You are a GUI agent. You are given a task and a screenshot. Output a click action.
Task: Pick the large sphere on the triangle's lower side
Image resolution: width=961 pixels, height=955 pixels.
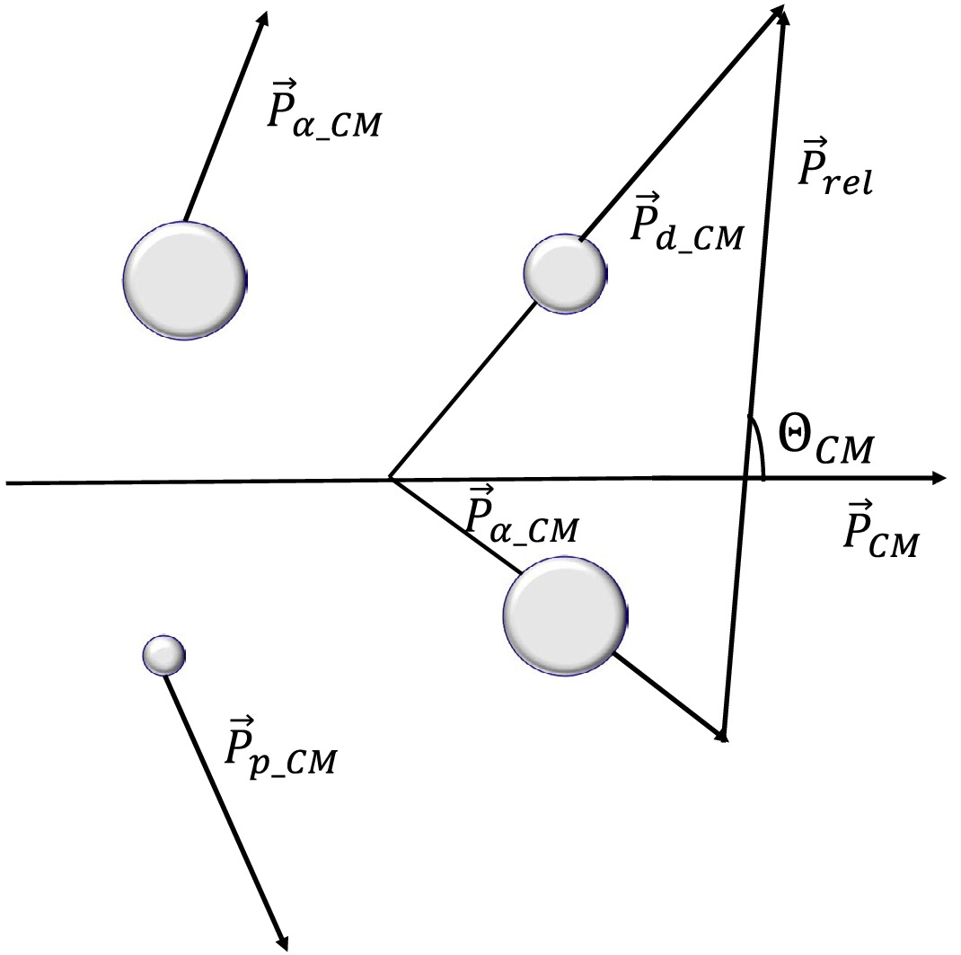(x=564, y=614)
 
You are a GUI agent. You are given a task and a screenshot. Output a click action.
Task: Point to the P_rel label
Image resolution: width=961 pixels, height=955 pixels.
(x=834, y=171)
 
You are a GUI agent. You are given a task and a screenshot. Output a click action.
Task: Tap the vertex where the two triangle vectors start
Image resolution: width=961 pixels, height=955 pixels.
(x=391, y=479)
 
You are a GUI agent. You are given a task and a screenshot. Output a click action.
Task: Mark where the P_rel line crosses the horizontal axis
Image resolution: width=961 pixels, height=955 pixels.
(x=745, y=479)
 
